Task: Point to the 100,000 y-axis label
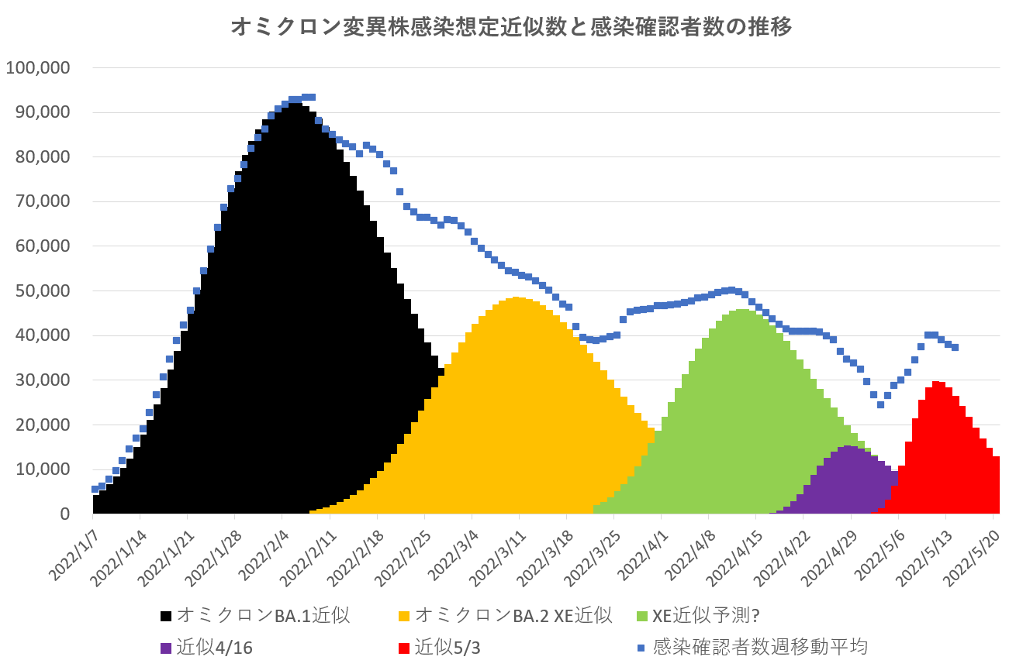(38, 67)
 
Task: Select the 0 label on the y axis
(65, 514)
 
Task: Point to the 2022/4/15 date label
(741, 555)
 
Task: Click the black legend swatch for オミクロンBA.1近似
(166, 617)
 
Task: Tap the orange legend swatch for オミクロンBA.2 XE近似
(404, 617)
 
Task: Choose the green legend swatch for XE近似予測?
(641, 617)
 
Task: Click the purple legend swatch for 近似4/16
(166, 647)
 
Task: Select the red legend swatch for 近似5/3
(404, 647)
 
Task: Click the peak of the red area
(938, 382)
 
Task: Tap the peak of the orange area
(517, 298)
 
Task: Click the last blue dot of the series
(955, 347)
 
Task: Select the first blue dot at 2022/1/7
(95, 489)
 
